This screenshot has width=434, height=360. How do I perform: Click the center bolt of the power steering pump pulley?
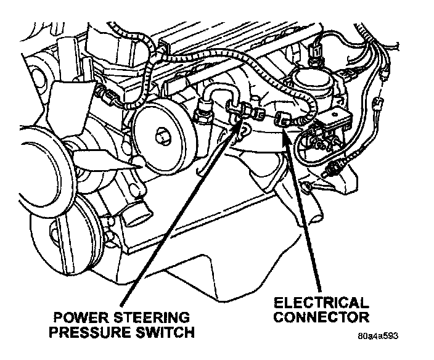(162, 134)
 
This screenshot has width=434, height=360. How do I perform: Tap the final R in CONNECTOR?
(364, 318)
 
